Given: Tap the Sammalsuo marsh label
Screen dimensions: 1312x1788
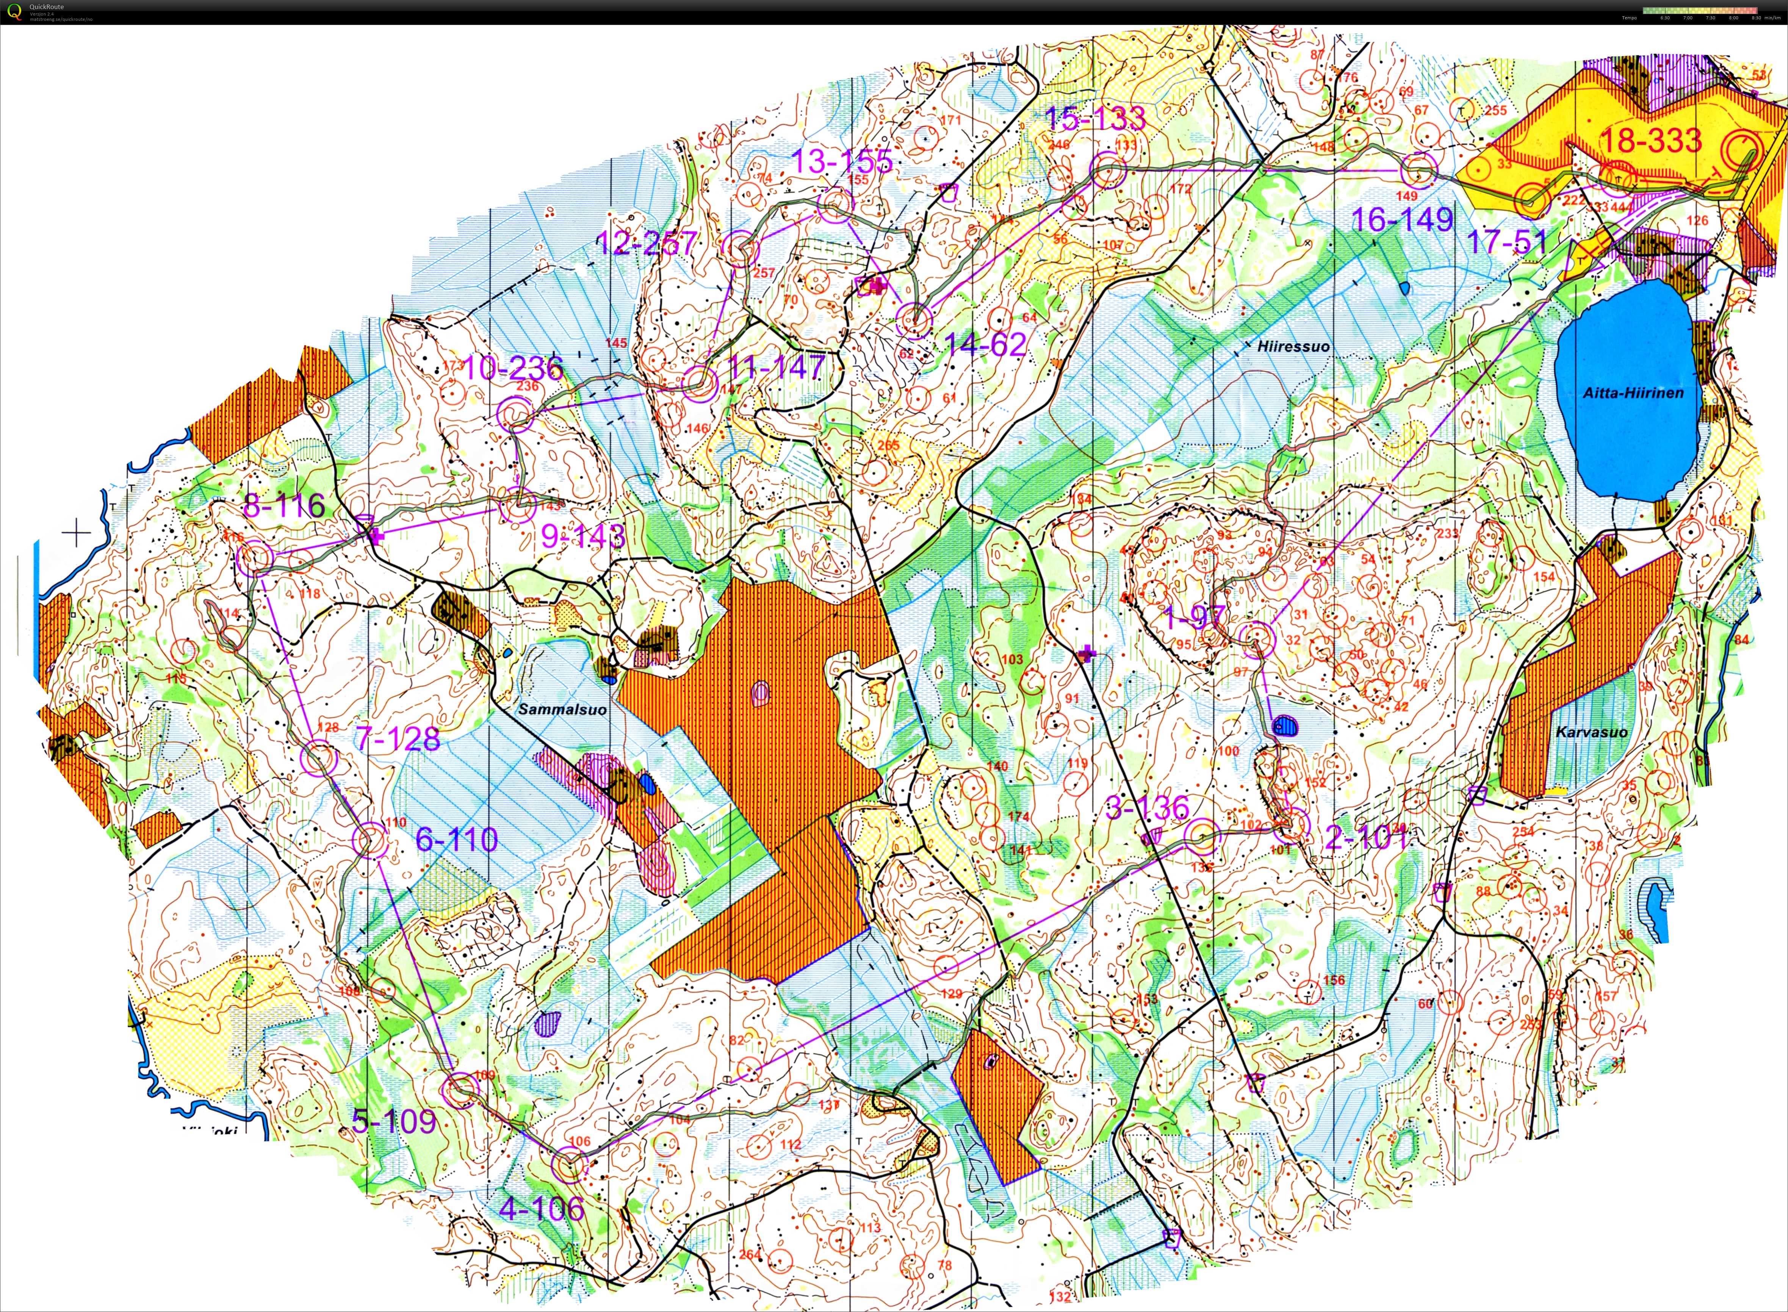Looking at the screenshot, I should [562, 709].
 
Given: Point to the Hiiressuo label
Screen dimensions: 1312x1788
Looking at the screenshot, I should [1293, 346].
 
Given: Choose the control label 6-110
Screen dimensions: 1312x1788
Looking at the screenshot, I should [457, 840].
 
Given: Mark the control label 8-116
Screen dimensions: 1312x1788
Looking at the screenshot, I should [283, 505].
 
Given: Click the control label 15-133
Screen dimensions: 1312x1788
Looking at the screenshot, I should [1094, 118].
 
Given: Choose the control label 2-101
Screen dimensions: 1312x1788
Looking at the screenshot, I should [1365, 837].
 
